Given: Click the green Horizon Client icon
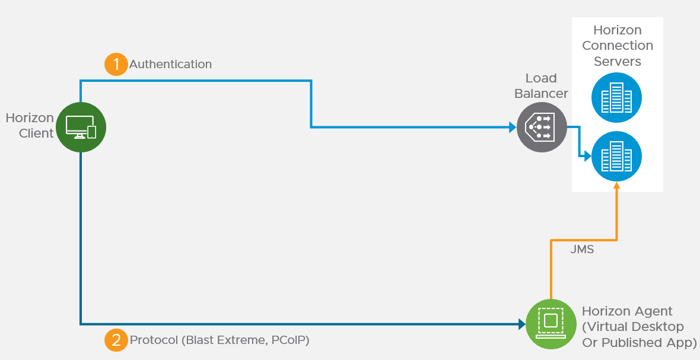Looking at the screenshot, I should (x=81, y=127).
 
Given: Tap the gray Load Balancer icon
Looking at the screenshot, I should (x=542, y=127).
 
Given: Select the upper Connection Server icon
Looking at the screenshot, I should (x=616, y=98).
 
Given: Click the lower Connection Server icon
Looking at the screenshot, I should (x=616, y=156).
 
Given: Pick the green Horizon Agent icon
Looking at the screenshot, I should (x=551, y=324).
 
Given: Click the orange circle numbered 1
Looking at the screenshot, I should (x=116, y=64).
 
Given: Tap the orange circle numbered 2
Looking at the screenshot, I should (x=116, y=340).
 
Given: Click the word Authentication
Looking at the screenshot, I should (x=170, y=64).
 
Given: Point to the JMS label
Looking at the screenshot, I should (x=582, y=250).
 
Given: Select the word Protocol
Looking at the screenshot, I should (x=154, y=340).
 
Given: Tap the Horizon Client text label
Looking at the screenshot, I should (x=30, y=126).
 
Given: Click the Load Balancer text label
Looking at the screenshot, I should (x=541, y=86).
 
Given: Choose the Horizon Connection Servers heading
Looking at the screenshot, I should (x=618, y=46).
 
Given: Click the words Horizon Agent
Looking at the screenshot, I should (x=627, y=311).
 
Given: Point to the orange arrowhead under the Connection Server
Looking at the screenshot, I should (x=617, y=186).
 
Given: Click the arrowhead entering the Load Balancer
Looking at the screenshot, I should (x=512, y=127).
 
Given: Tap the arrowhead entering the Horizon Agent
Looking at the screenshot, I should (x=522, y=324).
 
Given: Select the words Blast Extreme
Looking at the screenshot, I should (x=226, y=340).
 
